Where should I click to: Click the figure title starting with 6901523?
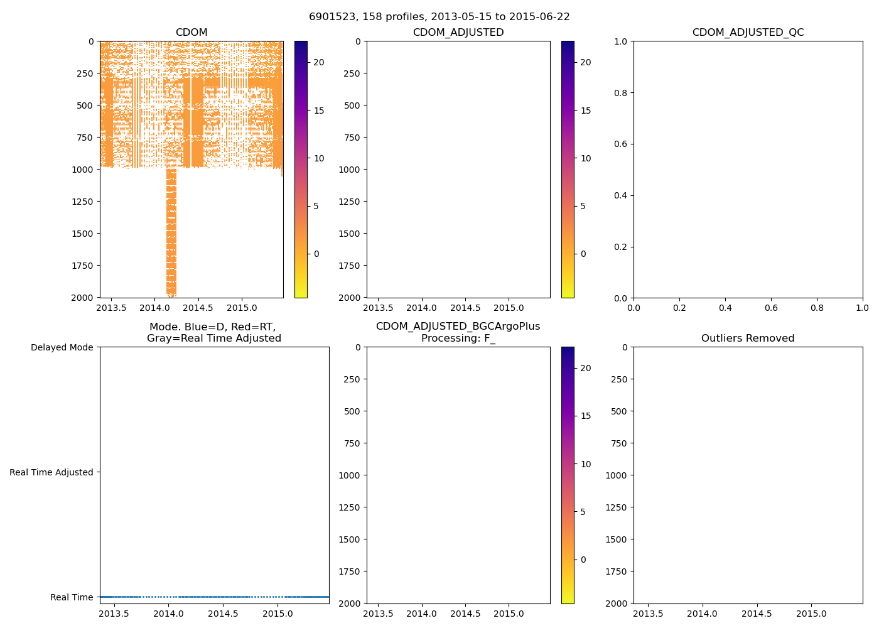coord(439,17)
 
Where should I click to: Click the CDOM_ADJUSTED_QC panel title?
coord(748,33)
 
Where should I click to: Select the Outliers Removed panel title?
coord(748,338)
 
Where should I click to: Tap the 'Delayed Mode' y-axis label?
coord(62,347)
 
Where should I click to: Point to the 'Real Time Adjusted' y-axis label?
coord(51,472)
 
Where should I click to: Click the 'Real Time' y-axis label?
coord(72,597)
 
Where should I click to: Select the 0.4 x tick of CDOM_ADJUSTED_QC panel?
coord(725,308)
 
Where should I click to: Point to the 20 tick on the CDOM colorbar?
coord(319,62)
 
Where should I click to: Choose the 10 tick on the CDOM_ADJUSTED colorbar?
coord(586,158)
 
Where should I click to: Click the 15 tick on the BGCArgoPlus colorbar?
coord(586,416)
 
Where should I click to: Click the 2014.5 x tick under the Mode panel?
coord(223,614)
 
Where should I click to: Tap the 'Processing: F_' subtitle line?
coord(458,338)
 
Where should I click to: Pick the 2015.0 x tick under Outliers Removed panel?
coord(811,614)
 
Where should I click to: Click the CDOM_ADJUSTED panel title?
coord(458,33)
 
